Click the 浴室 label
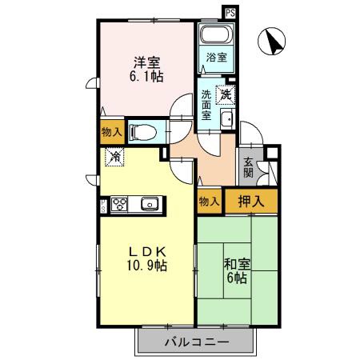coord(215,58)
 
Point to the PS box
coord(230,13)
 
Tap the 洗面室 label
coord(206,104)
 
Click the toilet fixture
coord(144,130)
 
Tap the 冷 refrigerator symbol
coord(115,156)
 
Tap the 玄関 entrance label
coord(248,166)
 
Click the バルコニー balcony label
coord(197,342)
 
